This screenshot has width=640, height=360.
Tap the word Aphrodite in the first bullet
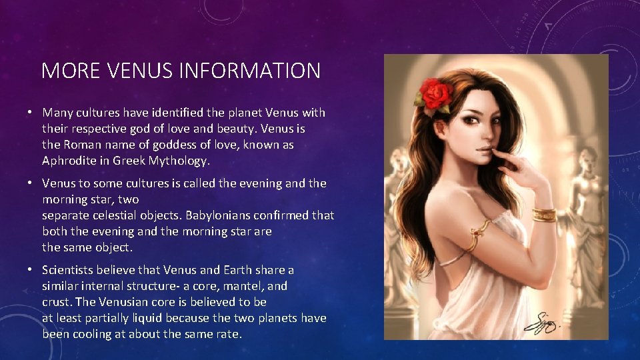click(69, 161)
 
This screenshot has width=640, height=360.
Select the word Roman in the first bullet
click(81, 145)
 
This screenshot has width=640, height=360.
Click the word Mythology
click(180, 161)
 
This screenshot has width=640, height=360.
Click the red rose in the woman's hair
click(436, 96)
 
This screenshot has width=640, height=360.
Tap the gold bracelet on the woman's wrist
click(544, 215)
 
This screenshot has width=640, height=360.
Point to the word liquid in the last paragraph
click(143, 318)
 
